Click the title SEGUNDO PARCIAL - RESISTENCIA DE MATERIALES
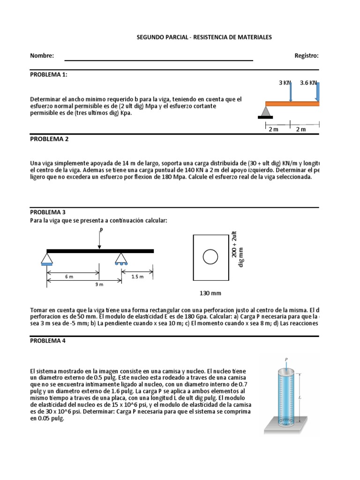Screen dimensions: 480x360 pos(203,37)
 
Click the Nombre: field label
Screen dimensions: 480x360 pos(42,56)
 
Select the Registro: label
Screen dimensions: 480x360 pos(307,56)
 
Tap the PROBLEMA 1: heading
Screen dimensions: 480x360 pos(51,74)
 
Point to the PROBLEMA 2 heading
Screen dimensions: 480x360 pos(49,139)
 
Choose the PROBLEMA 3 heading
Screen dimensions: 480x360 pos(49,212)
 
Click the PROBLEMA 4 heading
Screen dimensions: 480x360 pos(49,341)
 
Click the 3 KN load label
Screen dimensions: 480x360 pos(285,83)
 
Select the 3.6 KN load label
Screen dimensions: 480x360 pos(308,83)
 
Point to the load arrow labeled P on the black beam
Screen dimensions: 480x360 pos(99,240)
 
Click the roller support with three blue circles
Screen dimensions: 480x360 pos(121,260)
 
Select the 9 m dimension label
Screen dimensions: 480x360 pos(99,285)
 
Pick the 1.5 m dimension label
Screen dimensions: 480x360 pos(137,277)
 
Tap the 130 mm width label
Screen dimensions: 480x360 pos(210,293)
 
